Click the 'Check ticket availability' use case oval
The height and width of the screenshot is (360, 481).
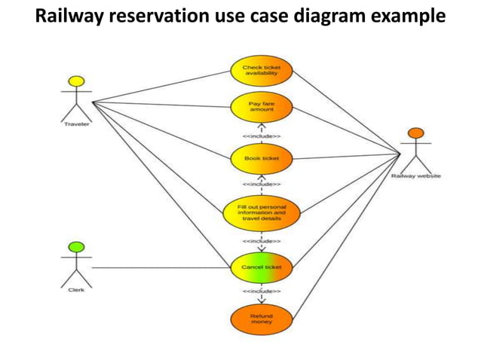click(x=261, y=70)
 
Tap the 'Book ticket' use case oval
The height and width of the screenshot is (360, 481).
click(x=261, y=159)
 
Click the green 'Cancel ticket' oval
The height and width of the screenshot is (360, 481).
click(x=261, y=267)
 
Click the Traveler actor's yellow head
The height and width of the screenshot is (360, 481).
click(x=75, y=81)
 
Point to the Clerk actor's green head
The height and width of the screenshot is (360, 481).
click(x=75, y=246)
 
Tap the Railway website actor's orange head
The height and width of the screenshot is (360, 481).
click(x=415, y=134)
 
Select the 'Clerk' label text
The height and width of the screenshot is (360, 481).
click(x=76, y=289)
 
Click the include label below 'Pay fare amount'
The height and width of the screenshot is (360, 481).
click(x=261, y=136)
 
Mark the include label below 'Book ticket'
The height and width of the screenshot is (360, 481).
click(x=261, y=184)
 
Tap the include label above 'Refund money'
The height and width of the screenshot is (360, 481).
click(x=261, y=290)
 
